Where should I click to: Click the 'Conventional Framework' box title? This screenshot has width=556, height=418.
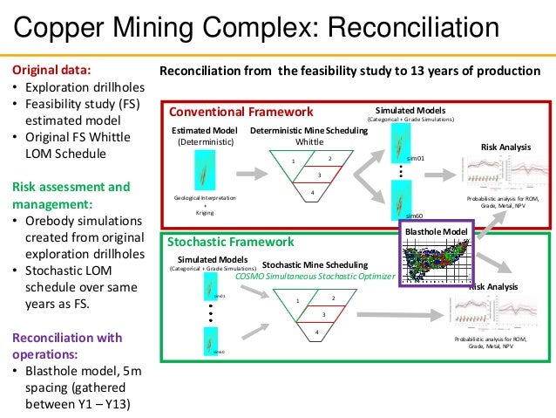pyautogui.click(x=241, y=112)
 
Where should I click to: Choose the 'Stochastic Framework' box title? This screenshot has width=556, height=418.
pyautogui.click(x=231, y=242)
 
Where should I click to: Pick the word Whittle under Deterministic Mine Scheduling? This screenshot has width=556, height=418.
pyautogui.click(x=309, y=140)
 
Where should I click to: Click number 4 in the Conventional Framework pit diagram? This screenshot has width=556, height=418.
pyautogui.click(x=312, y=190)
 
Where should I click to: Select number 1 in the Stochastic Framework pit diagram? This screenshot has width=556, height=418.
pyautogui.click(x=297, y=301)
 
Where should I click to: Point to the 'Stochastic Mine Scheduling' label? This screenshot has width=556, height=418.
pyautogui.click(x=315, y=264)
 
